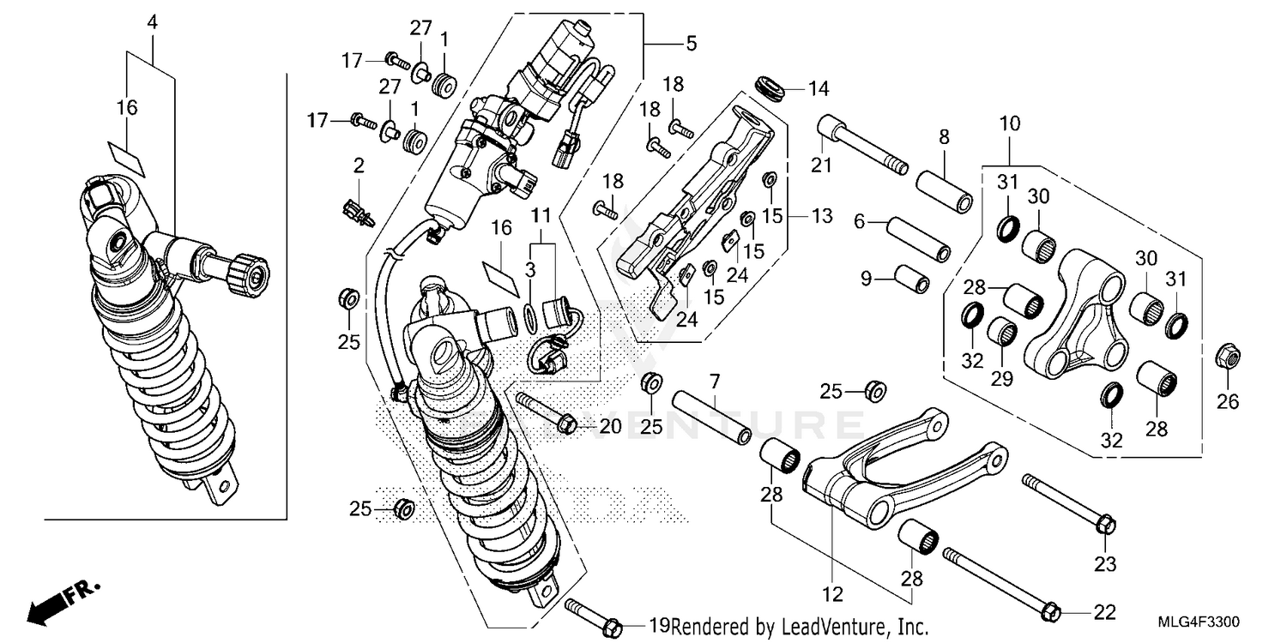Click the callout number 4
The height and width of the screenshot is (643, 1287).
(x=152, y=21)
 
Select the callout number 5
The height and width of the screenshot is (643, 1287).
(x=691, y=42)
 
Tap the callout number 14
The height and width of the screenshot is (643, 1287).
(x=819, y=87)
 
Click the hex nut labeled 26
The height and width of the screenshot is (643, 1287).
(x=1226, y=354)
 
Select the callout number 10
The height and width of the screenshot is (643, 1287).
(x=1009, y=123)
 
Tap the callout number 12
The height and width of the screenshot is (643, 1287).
(x=833, y=593)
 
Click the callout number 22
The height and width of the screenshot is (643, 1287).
(x=1105, y=612)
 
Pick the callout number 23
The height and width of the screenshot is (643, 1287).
(x=1105, y=564)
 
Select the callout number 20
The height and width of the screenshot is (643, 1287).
(x=609, y=425)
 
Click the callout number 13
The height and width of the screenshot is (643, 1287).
(x=821, y=216)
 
